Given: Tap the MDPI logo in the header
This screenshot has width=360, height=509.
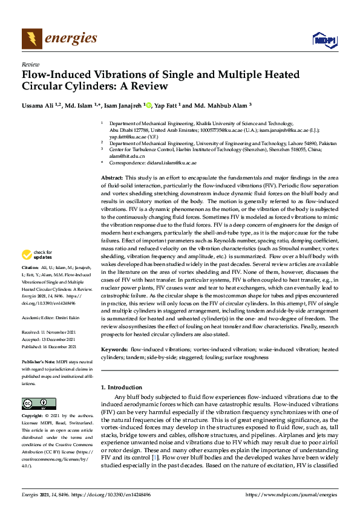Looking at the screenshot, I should pos(324,40).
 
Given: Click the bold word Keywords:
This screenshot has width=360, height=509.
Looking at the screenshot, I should pos(114,349).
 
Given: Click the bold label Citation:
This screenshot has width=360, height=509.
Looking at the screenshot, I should pos(30,284).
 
